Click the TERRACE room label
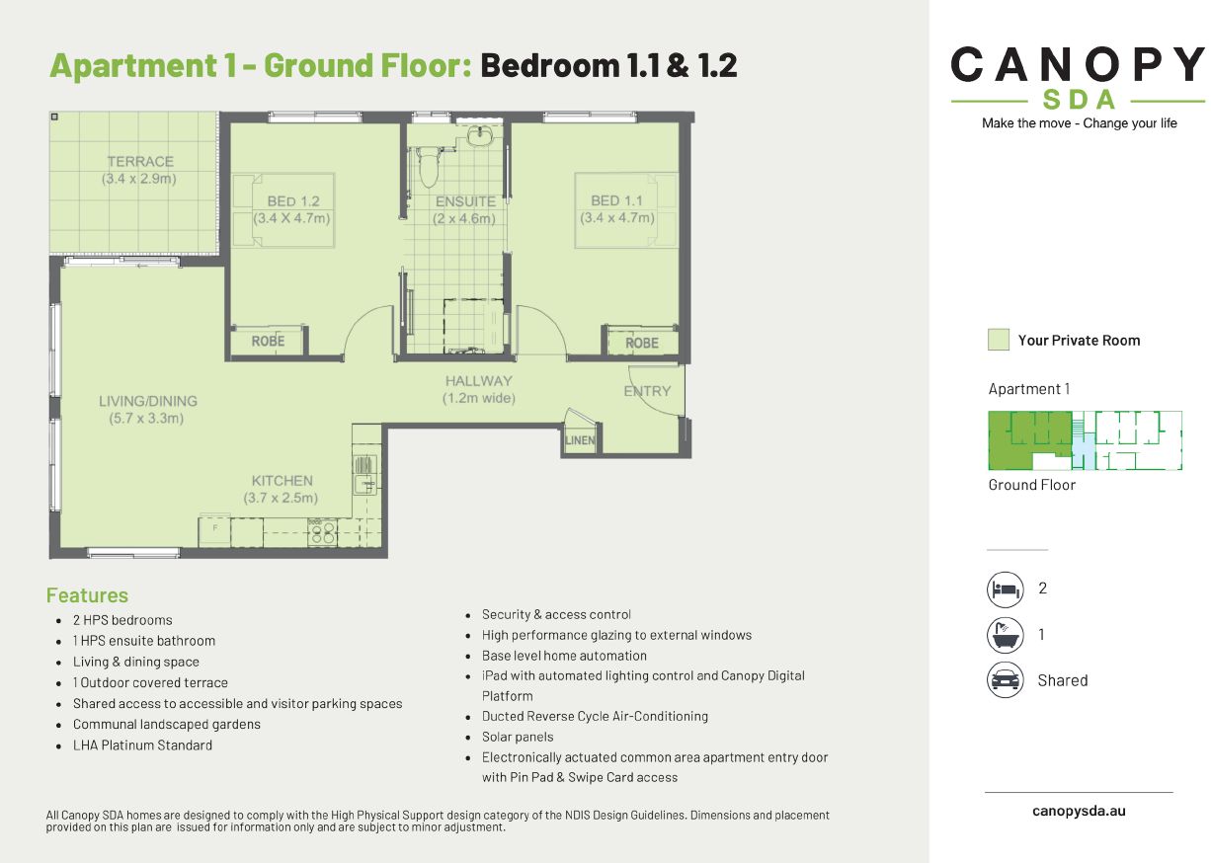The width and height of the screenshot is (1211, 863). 139,162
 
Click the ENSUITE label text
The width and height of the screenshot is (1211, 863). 465,201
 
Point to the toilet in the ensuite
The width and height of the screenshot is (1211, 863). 428,168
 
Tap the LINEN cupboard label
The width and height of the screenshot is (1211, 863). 580,440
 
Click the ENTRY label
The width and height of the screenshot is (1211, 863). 647,391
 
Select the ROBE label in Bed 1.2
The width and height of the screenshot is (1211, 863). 268,341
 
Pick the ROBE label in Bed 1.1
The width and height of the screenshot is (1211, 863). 642,343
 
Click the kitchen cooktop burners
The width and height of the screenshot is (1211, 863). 322,533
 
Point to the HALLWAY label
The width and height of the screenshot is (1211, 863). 479,381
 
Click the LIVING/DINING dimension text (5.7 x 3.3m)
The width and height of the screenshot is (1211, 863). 147,418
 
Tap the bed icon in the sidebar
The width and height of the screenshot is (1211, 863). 1005,589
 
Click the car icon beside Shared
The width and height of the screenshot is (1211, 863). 1005,680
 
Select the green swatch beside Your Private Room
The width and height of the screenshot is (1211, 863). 998,340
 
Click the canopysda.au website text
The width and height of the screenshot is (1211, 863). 1079,811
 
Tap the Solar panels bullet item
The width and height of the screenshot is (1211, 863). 518,737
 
